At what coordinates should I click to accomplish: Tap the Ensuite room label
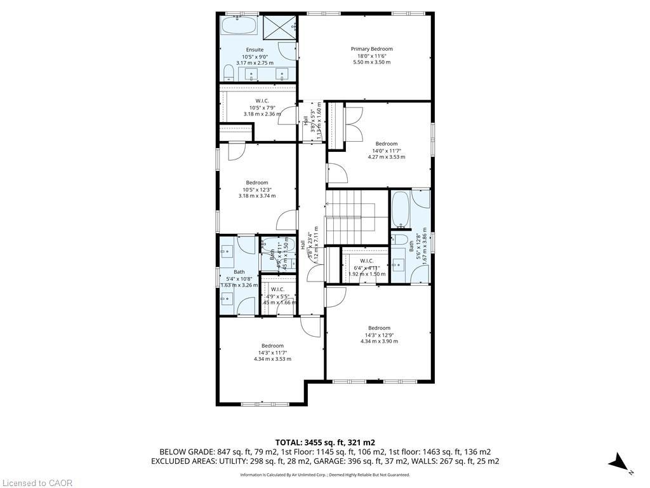pos(255,50)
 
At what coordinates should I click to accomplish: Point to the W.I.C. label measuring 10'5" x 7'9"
pos(262,101)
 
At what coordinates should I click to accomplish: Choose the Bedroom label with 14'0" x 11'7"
pos(386,144)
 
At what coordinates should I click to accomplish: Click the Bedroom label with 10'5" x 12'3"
pos(257,183)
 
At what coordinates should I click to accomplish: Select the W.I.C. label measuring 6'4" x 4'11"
pos(366,261)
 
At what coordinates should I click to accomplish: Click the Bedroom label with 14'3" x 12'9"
pos(379,329)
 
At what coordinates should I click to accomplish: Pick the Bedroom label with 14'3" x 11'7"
pos(272,346)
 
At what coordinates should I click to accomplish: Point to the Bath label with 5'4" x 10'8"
pos(239,272)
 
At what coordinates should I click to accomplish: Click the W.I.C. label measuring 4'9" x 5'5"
pos(277,289)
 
